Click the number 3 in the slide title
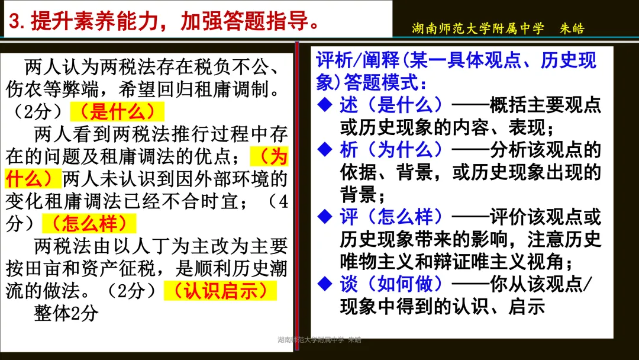[17, 23]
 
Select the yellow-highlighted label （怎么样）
[89, 224]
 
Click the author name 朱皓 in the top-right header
[572, 28]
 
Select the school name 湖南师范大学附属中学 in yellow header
[477, 28]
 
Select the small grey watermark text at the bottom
[319, 340]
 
